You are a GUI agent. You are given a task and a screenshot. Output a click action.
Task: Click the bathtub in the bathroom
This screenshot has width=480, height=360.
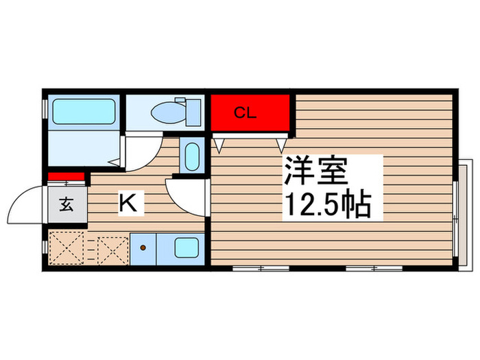(x=84, y=111)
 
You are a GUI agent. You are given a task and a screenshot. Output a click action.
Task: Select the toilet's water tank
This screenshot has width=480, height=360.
(x=192, y=110)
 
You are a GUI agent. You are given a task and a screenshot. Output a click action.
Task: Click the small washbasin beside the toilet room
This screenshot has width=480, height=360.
(x=192, y=157)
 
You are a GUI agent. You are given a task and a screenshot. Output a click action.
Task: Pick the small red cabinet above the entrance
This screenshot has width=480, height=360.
(x=66, y=177)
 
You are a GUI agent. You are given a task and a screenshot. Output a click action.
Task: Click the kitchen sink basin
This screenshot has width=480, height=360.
(x=186, y=248)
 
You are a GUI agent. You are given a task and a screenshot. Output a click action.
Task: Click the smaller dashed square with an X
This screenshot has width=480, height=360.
(x=110, y=248)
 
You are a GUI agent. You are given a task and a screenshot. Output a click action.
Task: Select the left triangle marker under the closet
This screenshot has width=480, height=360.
(x=219, y=145)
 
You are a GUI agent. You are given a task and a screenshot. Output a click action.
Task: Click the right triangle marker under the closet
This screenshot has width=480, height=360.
(x=281, y=145)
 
